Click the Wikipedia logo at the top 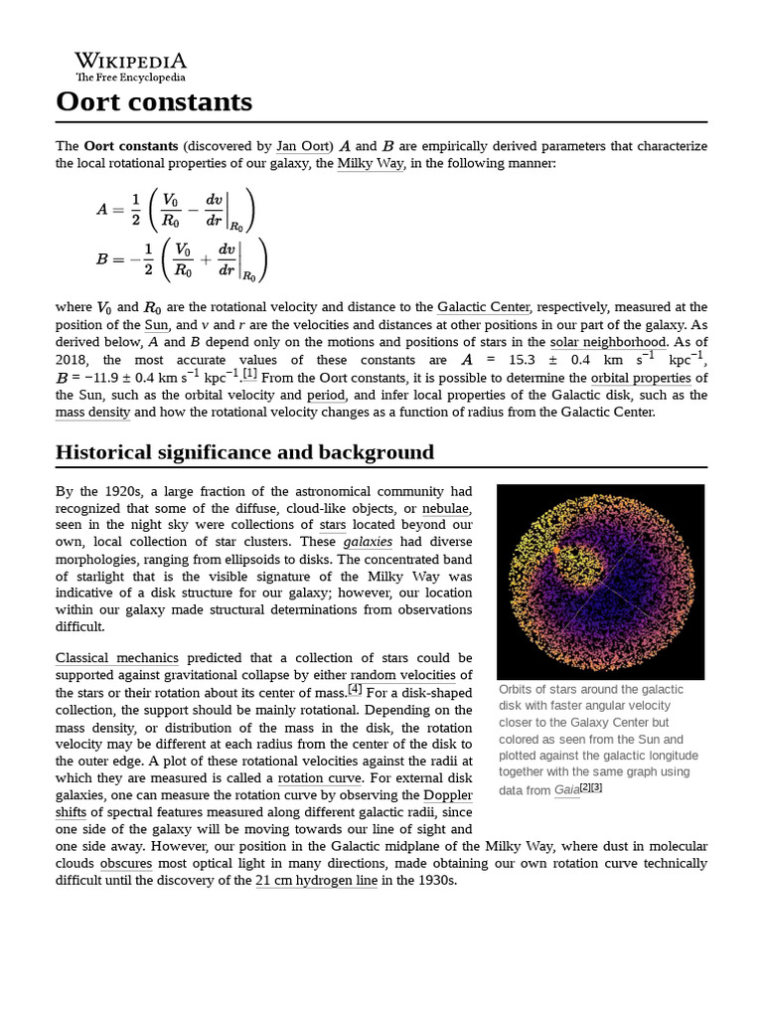pos(130,67)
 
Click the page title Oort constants pos(154,101)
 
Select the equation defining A pos(176,209)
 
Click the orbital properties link pos(642,378)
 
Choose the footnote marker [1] pos(249,374)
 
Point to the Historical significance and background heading pos(244,452)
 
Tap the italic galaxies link pos(368,542)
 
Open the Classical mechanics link pos(117,658)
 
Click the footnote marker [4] pos(355,689)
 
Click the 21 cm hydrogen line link pos(316,881)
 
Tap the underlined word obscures pos(126,864)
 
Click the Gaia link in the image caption pos(566,790)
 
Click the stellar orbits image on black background pos(600,582)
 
